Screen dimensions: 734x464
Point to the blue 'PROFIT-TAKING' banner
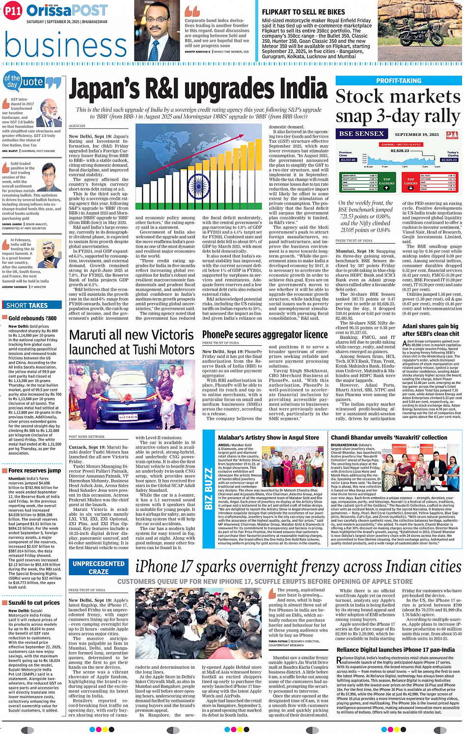coord(398,81)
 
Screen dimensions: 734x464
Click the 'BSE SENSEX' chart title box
coord(361,134)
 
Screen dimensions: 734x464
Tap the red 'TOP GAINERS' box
coord(387,182)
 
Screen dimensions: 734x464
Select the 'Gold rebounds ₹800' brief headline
coord(32,318)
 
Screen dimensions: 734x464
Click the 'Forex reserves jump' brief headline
coord(34,470)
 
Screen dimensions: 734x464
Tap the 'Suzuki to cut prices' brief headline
coord(34,603)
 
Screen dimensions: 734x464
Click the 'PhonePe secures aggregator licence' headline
coord(265,334)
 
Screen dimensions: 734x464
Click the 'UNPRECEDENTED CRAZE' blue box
coord(98,568)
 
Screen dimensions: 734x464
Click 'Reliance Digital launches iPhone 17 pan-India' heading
coord(395,650)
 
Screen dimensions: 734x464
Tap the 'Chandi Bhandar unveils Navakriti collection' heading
coord(389,437)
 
